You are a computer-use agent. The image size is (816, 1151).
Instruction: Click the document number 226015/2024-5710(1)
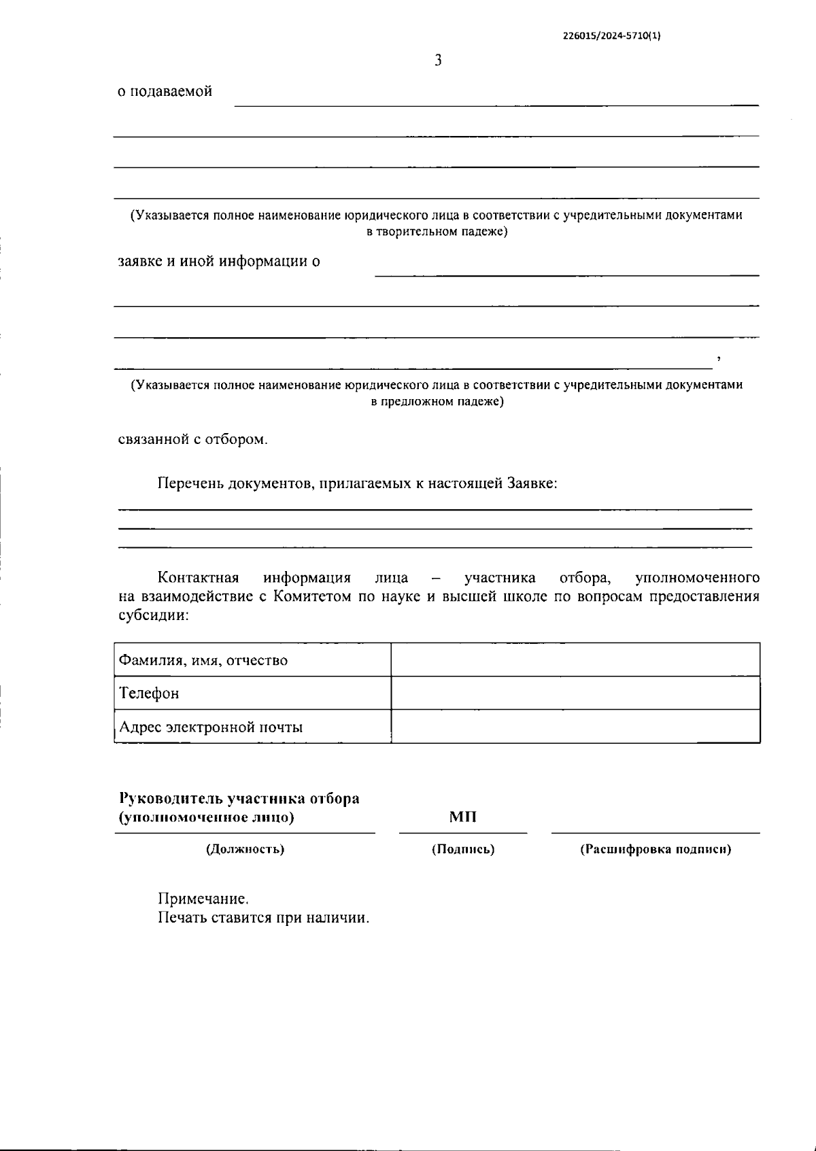611,37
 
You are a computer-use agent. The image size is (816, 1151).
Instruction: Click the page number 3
438,61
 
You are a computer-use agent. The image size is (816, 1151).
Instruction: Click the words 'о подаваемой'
165,91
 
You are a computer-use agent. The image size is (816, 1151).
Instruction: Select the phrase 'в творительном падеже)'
437,232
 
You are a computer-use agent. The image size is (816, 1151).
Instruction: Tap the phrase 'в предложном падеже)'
437,401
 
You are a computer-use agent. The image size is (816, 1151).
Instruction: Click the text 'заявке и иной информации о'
219,261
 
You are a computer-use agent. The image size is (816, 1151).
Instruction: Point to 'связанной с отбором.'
193,439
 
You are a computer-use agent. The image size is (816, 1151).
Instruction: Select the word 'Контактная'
198,578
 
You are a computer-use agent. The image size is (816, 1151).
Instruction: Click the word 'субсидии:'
153,615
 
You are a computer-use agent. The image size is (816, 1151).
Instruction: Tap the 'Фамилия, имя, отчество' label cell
203,660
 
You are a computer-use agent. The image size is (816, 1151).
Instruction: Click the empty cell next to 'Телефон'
575,693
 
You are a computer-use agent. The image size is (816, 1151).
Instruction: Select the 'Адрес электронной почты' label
211,727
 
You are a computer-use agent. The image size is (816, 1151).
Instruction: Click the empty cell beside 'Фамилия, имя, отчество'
575,659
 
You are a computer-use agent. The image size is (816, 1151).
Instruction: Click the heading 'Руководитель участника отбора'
239,798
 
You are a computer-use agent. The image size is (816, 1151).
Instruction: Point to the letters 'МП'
462,817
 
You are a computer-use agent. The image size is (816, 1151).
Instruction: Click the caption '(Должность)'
245,849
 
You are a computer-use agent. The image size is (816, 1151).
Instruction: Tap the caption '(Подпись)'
462,849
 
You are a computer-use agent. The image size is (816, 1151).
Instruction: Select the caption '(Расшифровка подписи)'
655,849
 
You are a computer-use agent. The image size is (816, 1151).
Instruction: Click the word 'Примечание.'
203,899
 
